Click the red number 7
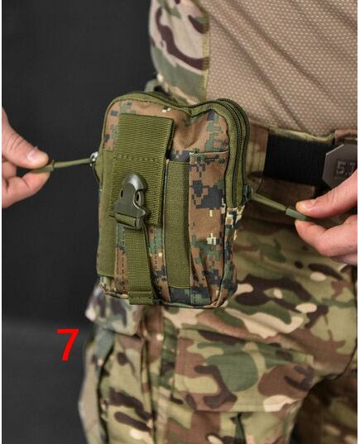click(x=67, y=345)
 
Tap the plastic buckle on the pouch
click(x=131, y=200)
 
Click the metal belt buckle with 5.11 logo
click(x=340, y=164)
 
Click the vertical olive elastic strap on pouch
click(x=177, y=224)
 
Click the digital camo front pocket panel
click(x=209, y=224)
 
